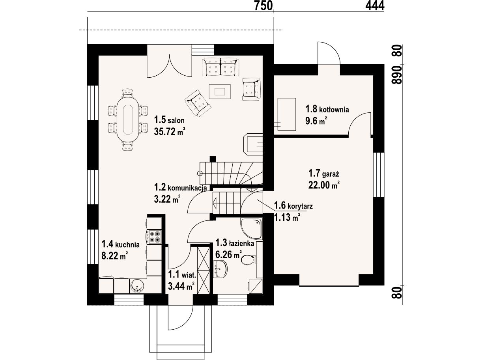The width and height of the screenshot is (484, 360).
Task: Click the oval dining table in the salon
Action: [128, 120]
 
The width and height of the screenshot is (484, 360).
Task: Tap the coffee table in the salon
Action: [220, 91]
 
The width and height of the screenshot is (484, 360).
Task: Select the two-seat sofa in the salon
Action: [221, 67]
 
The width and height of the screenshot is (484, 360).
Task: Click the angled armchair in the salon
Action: [198, 103]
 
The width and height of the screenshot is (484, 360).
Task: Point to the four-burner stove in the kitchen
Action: [154, 237]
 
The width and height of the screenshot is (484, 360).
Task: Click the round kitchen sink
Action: [137, 286]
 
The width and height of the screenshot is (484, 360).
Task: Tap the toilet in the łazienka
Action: [249, 259]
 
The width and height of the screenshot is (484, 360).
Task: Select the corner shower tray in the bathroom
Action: [251, 229]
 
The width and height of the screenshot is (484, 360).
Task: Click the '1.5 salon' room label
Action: [169, 120]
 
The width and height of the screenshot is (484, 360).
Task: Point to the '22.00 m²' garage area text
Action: [324, 185]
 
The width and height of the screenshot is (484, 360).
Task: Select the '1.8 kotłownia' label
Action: [327, 109]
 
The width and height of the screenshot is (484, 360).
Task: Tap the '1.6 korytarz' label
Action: [293, 205]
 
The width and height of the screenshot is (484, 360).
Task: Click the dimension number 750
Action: [263, 6]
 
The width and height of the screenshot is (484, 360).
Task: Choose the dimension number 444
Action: [375, 6]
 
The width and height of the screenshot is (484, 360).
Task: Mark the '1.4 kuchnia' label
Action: [121, 244]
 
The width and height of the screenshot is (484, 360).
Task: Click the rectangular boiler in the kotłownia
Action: [287, 114]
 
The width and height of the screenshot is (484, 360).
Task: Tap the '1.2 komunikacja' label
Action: [180, 187]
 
